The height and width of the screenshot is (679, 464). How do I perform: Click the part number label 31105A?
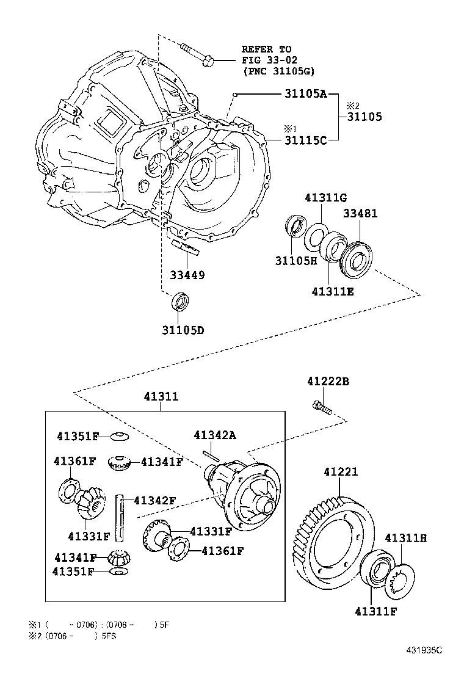306,94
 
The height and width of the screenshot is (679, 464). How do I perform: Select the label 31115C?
306,140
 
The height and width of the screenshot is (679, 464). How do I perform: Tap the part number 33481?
360,214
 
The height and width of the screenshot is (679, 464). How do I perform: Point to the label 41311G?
326,197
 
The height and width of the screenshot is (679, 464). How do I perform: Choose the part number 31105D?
183,330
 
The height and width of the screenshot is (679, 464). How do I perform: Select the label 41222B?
328,382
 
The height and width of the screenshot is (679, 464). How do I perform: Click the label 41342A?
215,435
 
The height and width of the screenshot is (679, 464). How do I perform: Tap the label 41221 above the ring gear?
341,472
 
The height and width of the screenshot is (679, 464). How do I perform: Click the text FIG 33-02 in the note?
267,60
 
